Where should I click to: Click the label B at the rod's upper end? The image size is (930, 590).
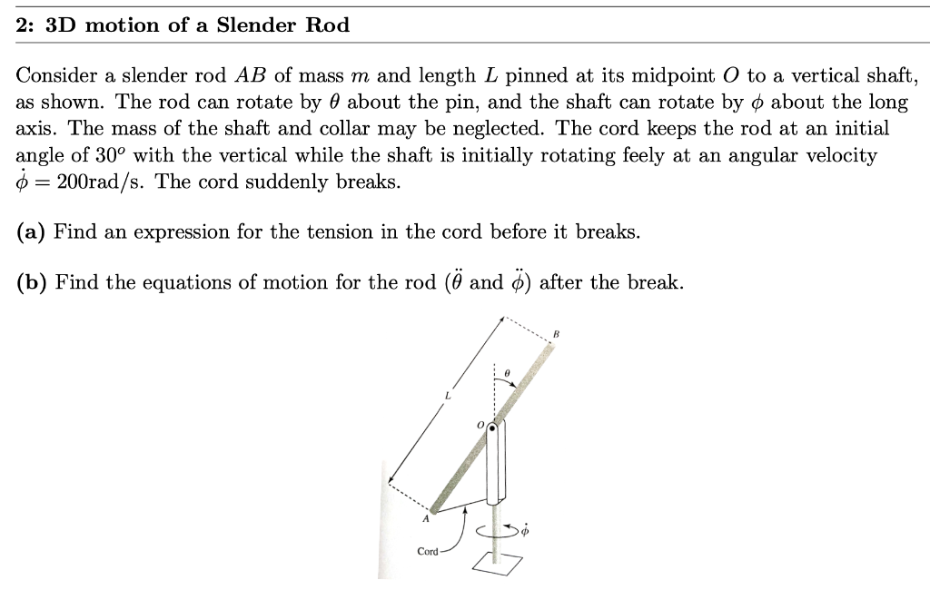coord(557,334)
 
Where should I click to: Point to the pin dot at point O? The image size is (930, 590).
coord(492,426)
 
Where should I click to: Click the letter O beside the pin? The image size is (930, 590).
coord(481,424)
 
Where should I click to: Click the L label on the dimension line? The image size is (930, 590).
coord(447,394)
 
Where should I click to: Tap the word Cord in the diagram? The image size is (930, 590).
coord(427,551)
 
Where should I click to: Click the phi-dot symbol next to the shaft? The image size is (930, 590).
coord(525,529)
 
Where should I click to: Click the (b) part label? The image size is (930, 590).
coord(32,282)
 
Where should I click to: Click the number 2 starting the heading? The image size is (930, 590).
coord(23,25)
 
